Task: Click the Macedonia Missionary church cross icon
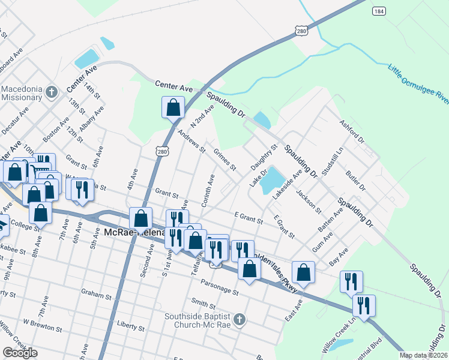click(x=52, y=92)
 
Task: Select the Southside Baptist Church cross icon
click(x=240, y=319)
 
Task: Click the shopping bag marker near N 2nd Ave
click(x=173, y=107)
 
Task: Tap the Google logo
click(x=20, y=353)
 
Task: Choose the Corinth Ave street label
click(x=208, y=191)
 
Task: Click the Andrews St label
click(x=192, y=140)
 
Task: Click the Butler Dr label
click(x=355, y=179)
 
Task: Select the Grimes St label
click(x=225, y=160)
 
